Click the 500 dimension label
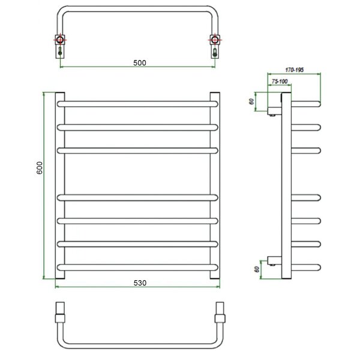[140, 62]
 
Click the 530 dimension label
[140, 283]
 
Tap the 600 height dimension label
[40, 168]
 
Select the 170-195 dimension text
[295, 70]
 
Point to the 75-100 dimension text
[280, 81]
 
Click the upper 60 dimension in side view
[251, 101]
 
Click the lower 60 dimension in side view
[257, 269]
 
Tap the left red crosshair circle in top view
[60, 40]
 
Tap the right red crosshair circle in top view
[215, 40]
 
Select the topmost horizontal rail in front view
[137, 104]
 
